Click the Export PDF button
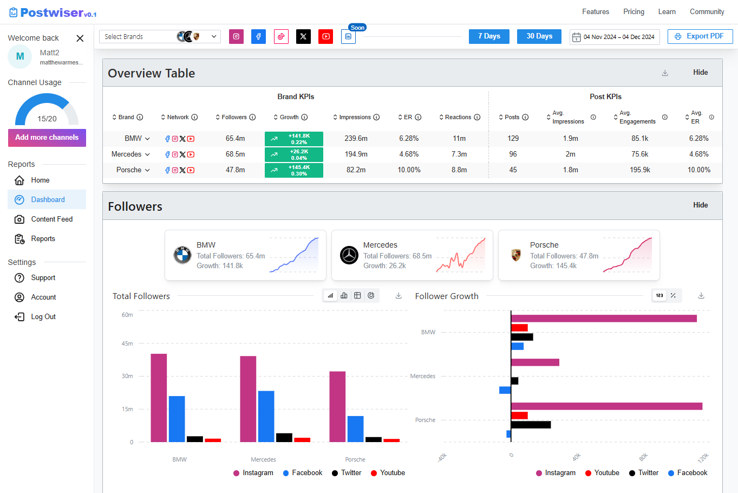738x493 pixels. [700, 36]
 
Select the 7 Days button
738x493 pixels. [489, 36]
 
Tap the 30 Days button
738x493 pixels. [539, 36]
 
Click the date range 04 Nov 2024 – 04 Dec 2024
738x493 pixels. [615, 37]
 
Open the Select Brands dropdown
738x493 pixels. [160, 36]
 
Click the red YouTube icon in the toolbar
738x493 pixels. [325, 36]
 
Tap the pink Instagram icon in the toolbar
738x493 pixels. [236, 36]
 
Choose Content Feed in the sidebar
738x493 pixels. [51, 219]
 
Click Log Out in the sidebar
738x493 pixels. [43, 316]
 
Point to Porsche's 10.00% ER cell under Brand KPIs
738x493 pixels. [409, 170]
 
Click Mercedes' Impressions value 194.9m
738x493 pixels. [356, 154]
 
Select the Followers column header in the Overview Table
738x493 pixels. [234, 117]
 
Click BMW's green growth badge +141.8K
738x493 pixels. [294, 139]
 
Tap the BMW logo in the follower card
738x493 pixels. [182, 255]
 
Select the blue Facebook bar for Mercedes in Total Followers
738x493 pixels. [266, 416]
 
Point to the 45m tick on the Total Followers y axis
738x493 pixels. [127, 343]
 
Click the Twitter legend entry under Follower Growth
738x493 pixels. [643, 472]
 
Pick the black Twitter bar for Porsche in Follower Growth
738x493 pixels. [531, 425]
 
